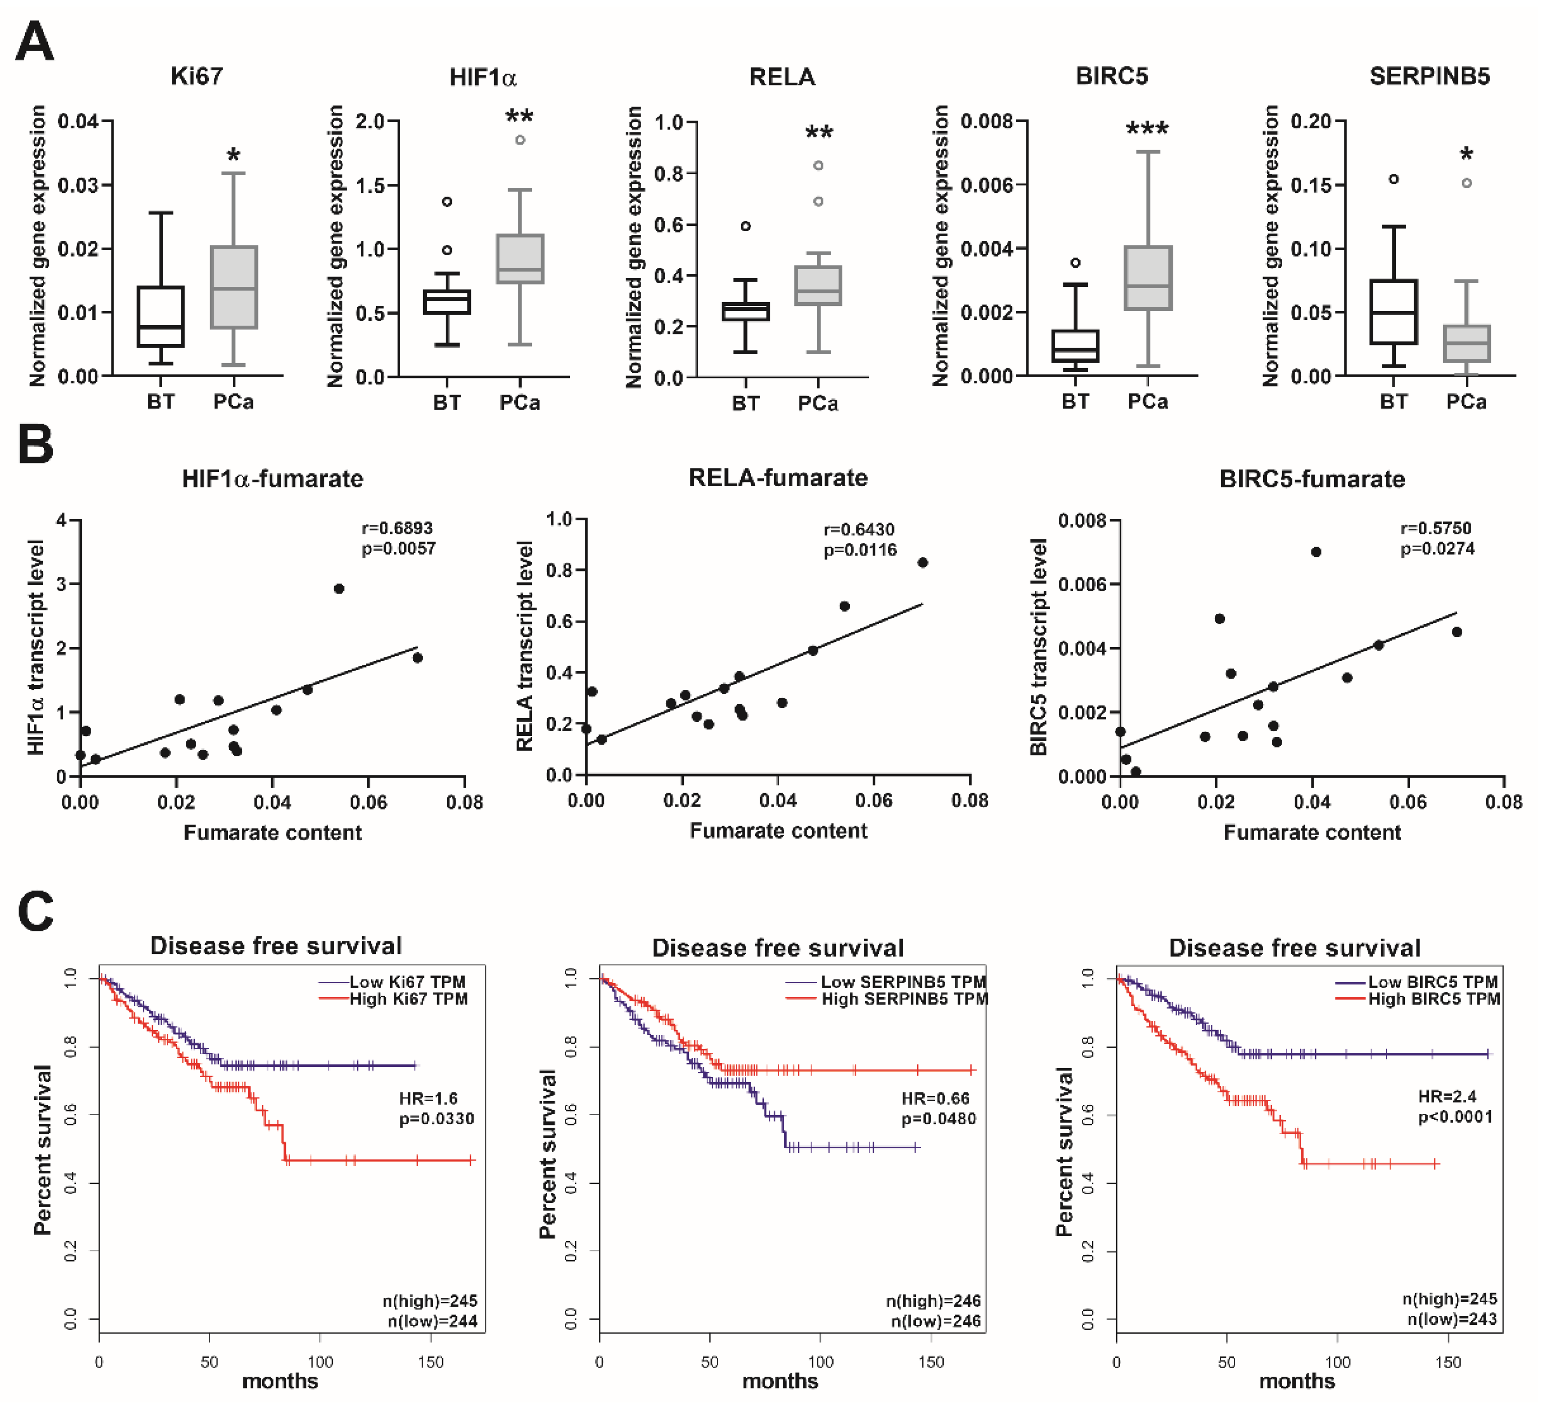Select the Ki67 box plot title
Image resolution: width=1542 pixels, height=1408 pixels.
pos(197,77)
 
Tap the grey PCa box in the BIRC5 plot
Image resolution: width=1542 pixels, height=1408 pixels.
pos(1147,278)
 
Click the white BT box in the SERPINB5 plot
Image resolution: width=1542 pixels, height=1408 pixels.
pos(1394,312)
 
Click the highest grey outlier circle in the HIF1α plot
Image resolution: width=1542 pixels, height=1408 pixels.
pos(520,140)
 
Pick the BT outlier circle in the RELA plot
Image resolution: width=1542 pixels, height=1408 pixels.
pos(746,225)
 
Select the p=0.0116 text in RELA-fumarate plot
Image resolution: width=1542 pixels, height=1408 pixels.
pos(860,550)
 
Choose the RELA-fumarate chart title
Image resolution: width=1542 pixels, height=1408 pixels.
pos(778,478)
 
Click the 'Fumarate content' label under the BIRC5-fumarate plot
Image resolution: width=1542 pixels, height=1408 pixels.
pos(1312,832)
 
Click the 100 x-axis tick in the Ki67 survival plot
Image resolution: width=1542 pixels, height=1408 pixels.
pos(320,1362)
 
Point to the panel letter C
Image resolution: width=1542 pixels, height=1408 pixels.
pos(35,911)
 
